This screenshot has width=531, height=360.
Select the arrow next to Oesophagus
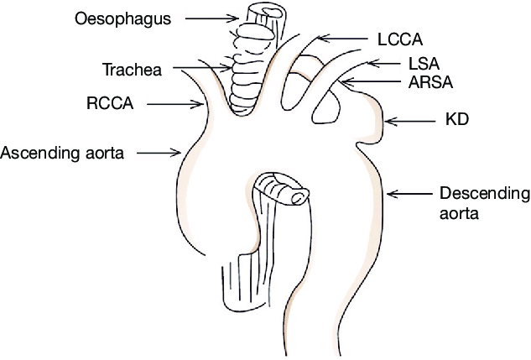click(x=211, y=16)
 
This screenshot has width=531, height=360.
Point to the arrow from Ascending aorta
click(x=159, y=153)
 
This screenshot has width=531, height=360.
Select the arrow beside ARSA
click(x=364, y=81)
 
